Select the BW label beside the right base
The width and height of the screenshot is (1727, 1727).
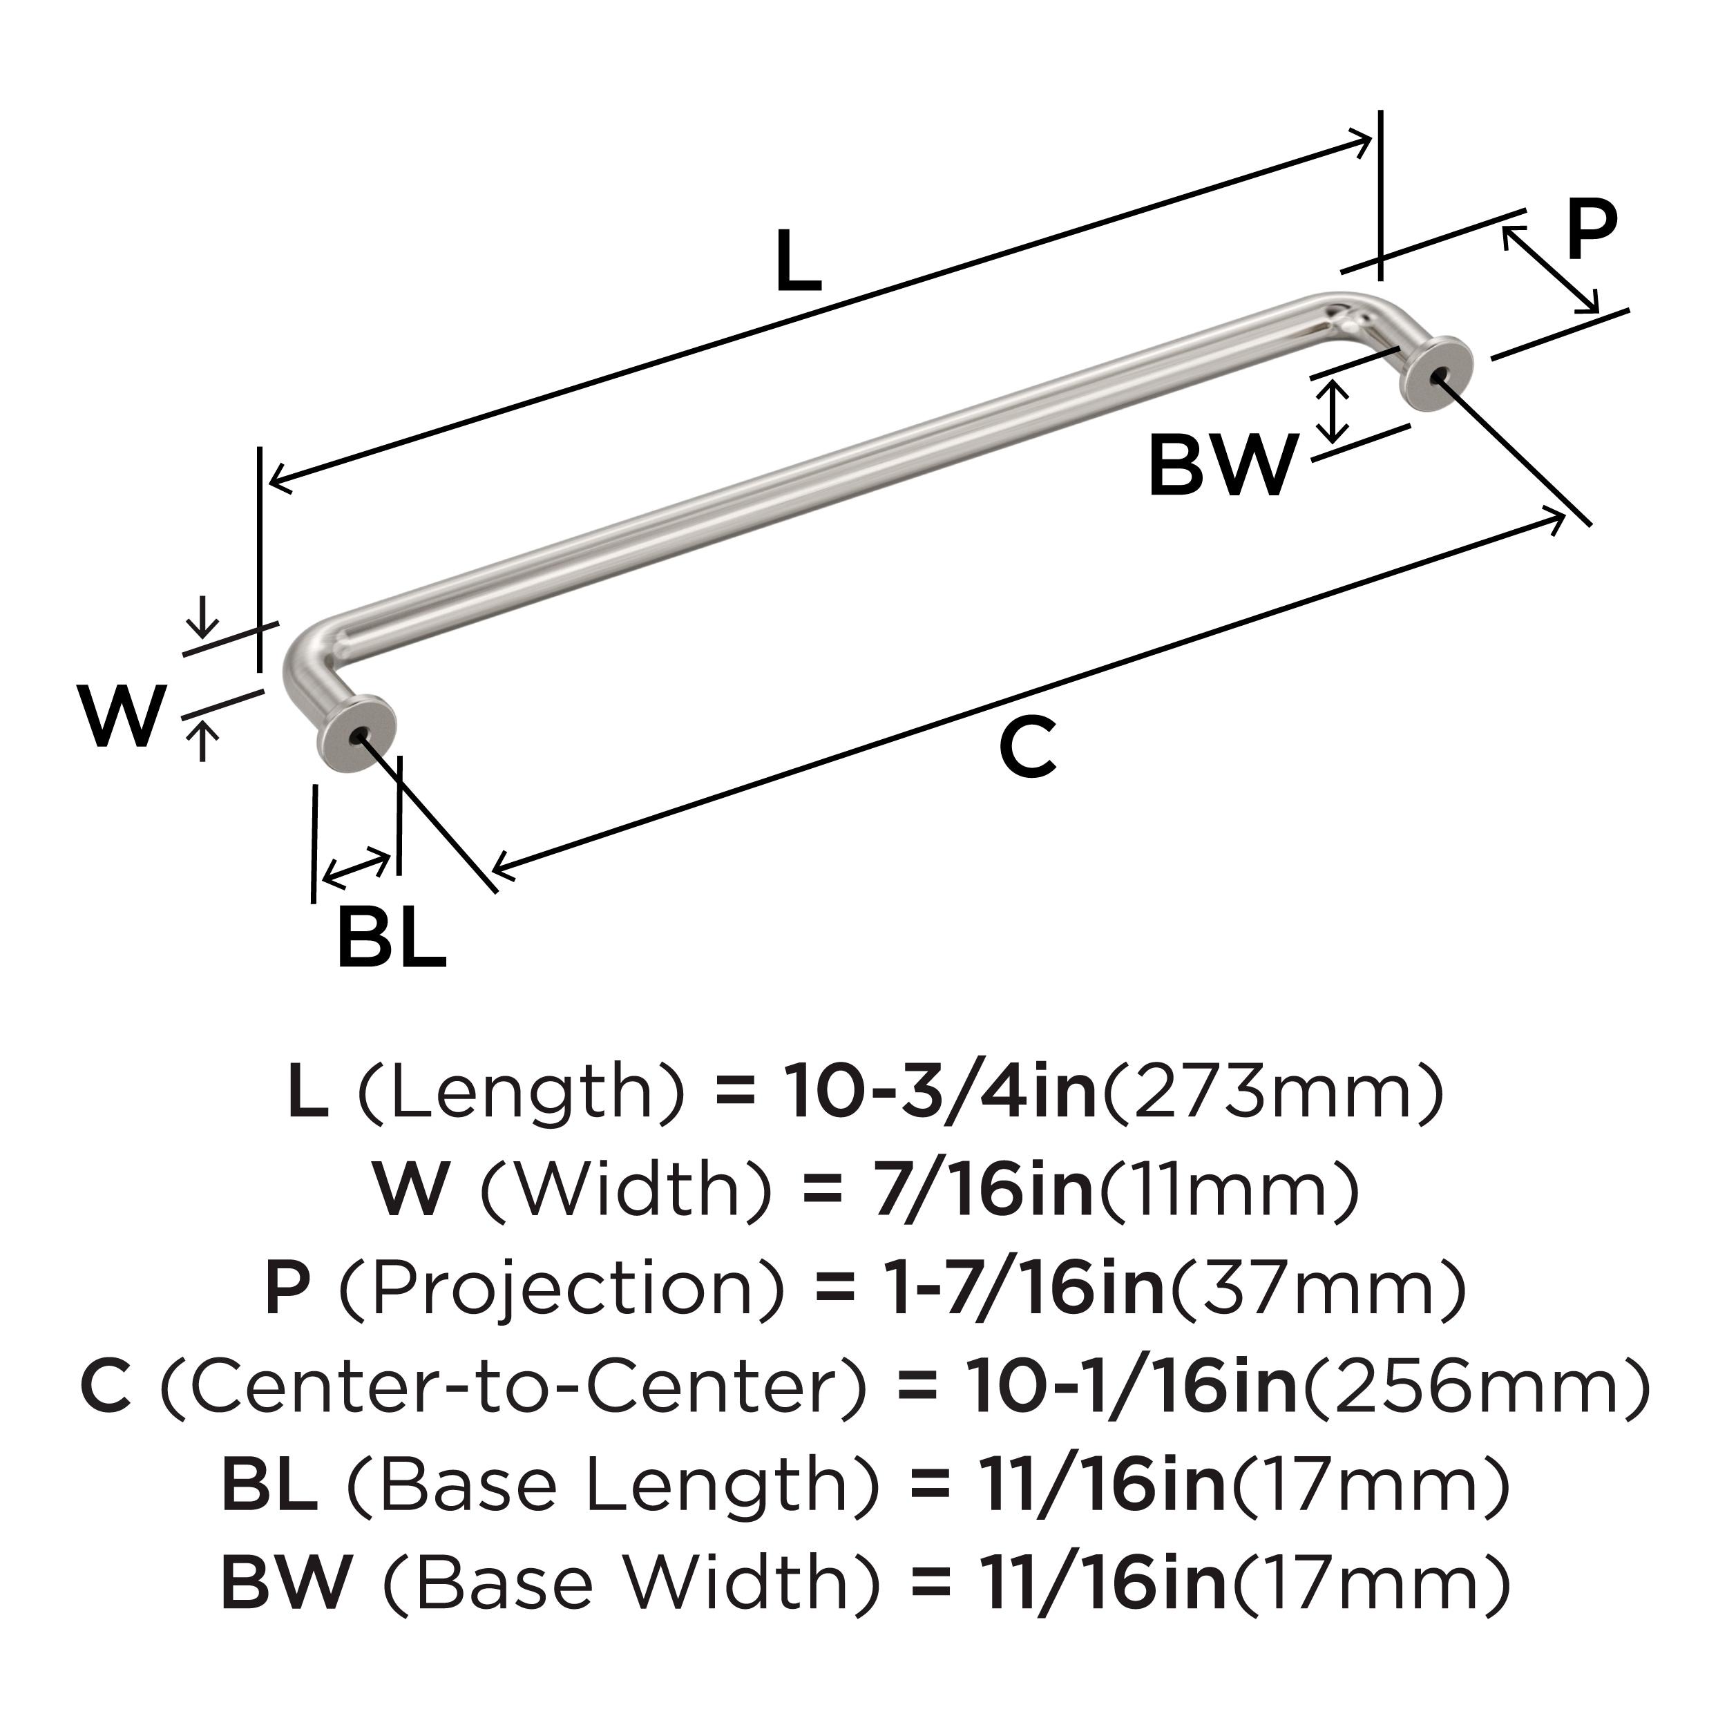1222,465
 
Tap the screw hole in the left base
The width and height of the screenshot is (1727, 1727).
359,736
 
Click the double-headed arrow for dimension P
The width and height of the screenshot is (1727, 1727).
1551,269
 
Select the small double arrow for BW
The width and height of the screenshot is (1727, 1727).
1334,411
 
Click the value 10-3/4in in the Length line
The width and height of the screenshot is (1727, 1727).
940,1092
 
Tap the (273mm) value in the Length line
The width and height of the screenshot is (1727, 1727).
1274,1092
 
